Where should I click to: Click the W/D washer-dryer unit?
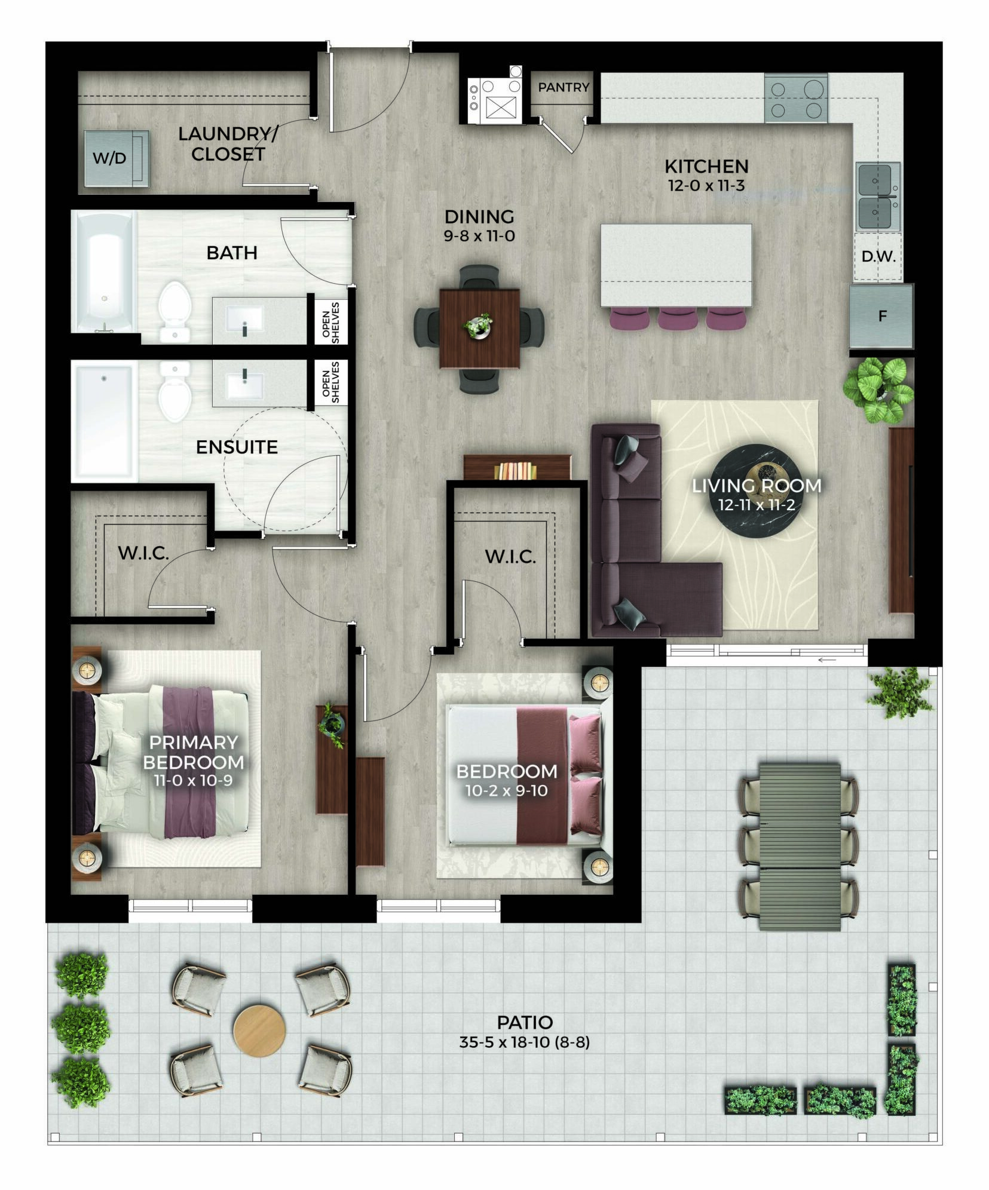click(115, 158)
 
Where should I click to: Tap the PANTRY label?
click(564, 88)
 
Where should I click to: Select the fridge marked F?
click(882, 317)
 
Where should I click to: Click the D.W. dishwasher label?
click(878, 257)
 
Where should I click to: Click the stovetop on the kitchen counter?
click(796, 98)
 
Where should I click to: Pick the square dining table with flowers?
click(479, 328)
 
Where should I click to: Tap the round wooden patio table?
click(259, 1031)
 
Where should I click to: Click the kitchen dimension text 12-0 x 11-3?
click(706, 185)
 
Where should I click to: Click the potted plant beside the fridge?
click(878, 389)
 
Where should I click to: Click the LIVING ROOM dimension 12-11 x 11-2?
click(757, 505)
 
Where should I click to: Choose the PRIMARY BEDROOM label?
click(194, 753)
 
